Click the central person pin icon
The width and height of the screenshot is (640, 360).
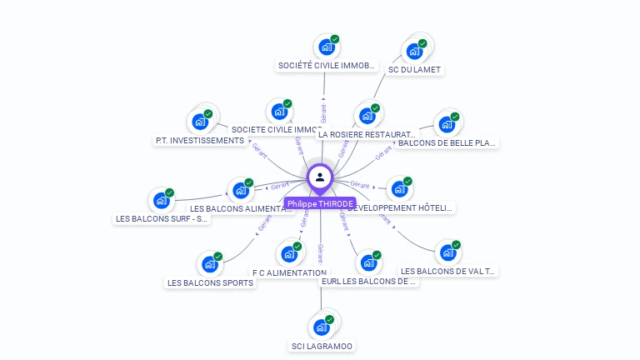pyautogui.click(x=320, y=177)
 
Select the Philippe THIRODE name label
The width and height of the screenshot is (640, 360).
pyautogui.click(x=320, y=203)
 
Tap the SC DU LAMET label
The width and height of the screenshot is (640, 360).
pyautogui.click(x=414, y=69)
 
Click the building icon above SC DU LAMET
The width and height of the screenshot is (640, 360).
pyautogui.click(x=414, y=51)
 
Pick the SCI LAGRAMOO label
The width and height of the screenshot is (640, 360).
pyautogui.click(x=322, y=346)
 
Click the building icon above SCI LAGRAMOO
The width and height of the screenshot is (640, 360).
pyautogui.click(x=321, y=327)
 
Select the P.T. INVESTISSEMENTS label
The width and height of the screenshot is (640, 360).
pyautogui.click(x=199, y=141)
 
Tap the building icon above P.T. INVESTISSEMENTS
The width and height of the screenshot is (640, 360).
pyautogui.click(x=200, y=122)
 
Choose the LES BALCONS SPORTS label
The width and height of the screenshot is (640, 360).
pyautogui.click(x=210, y=282)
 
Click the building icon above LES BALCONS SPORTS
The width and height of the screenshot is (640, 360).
pyautogui.click(x=210, y=264)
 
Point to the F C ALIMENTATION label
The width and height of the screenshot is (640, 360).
pyautogui.click(x=289, y=272)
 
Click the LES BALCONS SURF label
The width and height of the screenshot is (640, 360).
pyautogui.click(x=162, y=218)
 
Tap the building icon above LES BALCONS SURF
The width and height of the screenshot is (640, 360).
pyautogui.click(x=161, y=200)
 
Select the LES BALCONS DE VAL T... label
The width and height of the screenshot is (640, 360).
pyautogui.click(x=447, y=271)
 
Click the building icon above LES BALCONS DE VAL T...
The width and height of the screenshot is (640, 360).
pyautogui.click(x=448, y=252)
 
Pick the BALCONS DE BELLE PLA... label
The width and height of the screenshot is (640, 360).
pyautogui.click(x=447, y=142)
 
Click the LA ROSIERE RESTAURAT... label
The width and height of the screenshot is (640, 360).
pyautogui.click(x=367, y=133)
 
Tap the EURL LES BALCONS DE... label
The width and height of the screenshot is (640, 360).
pyautogui.click(x=368, y=281)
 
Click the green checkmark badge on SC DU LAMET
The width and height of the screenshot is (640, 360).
pyautogui.click(x=422, y=43)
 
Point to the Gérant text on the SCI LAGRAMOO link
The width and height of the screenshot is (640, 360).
pyautogui.click(x=321, y=253)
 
